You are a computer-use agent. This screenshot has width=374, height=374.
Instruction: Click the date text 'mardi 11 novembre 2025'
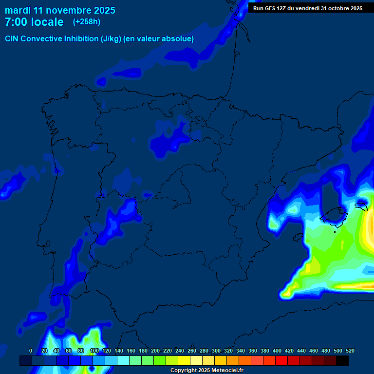60,10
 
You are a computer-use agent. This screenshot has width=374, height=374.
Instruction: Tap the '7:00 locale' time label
34,22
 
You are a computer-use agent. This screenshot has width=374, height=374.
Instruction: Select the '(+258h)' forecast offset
87,22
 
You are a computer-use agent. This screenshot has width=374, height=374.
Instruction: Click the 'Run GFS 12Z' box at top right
307,8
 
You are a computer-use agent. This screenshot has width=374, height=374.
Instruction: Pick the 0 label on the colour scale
31,351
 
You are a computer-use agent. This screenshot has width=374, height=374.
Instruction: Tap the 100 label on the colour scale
94,351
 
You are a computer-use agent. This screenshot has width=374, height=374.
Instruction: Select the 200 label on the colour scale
155,351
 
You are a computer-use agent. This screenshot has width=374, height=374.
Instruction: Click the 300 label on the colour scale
216,351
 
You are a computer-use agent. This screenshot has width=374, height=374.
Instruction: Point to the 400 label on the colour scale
277,351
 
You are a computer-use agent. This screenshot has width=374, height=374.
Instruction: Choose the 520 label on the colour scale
350,351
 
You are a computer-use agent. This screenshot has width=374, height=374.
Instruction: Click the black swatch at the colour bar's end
342,361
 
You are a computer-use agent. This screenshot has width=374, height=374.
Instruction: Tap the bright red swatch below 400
281,361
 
